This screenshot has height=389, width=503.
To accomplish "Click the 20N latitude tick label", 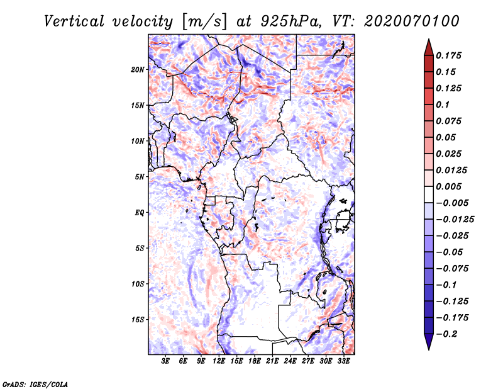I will (x=138, y=69).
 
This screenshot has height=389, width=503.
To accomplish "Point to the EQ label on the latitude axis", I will (x=140, y=213).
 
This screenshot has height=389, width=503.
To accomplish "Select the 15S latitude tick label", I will (x=138, y=320).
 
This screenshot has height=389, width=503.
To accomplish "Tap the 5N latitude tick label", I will (x=140, y=177).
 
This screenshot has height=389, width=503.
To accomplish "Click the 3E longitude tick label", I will (x=165, y=361).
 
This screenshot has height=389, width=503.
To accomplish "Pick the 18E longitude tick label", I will (x=255, y=361).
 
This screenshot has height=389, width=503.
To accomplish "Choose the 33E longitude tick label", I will (x=343, y=361).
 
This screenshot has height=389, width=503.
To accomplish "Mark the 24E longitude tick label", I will (x=290, y=361).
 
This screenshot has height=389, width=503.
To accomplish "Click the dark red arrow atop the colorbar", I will (x=428, y=46).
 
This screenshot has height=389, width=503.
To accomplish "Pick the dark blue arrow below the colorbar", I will (x=428, y=342).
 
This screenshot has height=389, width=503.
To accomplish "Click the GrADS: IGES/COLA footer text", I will (x=35, y=383).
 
